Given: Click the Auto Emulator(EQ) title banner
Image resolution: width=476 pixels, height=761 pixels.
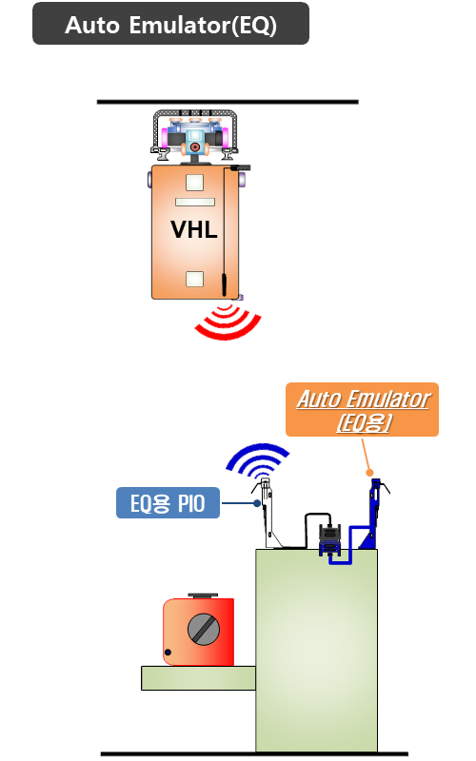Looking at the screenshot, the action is [x=170, y=23].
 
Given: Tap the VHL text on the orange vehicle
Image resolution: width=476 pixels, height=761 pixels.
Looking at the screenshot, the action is [x=194, y=229].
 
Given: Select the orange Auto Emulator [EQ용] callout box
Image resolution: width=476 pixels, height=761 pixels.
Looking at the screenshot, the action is [x=363, y=410].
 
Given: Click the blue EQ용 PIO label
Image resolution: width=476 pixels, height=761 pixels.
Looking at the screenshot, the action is [x=169, y=503].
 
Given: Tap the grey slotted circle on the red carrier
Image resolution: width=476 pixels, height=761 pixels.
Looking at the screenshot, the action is [x=204, y=630].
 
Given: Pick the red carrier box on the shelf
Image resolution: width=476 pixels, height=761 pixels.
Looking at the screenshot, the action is [x=199, y=632].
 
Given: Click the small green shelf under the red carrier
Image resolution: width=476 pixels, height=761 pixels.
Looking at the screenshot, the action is [x=198, y=678].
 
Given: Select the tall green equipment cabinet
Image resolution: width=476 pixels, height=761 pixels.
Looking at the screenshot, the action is [x=316, y=651].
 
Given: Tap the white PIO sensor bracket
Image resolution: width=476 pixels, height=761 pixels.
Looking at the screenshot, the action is [x=268, y=514].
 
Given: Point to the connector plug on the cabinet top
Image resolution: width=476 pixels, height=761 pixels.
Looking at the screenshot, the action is [x=330, y=538].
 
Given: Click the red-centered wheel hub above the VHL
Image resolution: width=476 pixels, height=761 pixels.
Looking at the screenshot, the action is [x=195, y=146].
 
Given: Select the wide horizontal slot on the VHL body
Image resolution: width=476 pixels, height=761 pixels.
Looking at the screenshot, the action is [x=195, y=202].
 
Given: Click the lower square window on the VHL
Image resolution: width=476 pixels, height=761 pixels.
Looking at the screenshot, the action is [x=195, y=279].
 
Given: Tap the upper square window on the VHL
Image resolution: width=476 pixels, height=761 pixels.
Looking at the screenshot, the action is [x=195, y=183].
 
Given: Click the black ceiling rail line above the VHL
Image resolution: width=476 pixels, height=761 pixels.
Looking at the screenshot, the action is [x=228, y=102].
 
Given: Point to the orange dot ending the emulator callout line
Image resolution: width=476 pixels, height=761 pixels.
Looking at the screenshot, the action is [x=369, y=472].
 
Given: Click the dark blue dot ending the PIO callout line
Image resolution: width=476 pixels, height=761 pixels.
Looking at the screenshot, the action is [x=257, y=503].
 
